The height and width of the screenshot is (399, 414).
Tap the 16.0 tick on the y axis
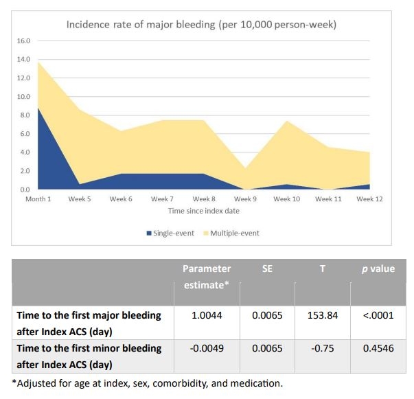23,41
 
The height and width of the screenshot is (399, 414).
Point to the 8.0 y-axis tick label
24,115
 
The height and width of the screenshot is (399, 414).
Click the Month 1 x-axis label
38,199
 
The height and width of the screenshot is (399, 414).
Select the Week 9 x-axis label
245,199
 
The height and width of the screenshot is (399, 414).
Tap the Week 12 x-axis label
369,199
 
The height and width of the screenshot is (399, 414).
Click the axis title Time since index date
204,211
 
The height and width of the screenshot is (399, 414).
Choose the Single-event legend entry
171,233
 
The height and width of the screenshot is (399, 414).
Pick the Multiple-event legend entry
234,233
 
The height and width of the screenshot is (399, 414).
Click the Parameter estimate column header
206,276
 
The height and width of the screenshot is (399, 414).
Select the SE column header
267,269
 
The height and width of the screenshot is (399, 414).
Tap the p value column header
378,269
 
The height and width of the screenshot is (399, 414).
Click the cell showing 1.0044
206,315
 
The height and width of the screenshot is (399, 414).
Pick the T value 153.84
322,315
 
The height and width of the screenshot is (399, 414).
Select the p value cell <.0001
378,315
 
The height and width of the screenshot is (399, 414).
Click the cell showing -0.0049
206,348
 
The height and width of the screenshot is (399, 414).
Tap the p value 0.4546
378,348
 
